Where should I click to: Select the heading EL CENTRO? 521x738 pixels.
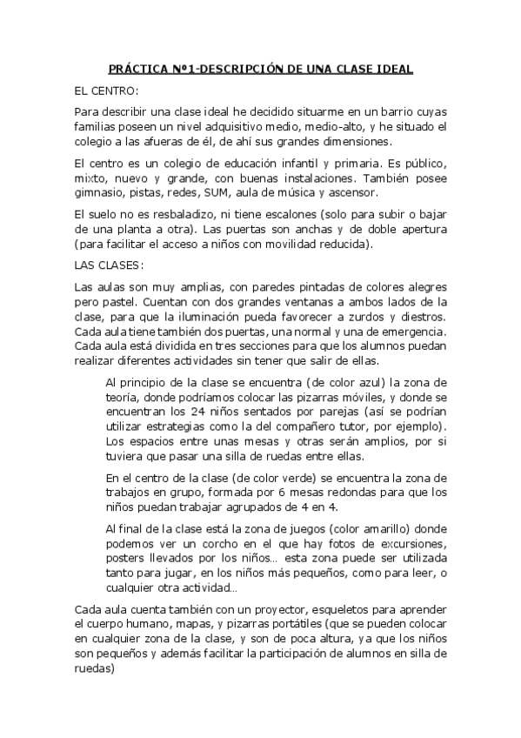click(106, 90)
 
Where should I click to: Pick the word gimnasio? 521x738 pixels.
click(99, 193)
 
